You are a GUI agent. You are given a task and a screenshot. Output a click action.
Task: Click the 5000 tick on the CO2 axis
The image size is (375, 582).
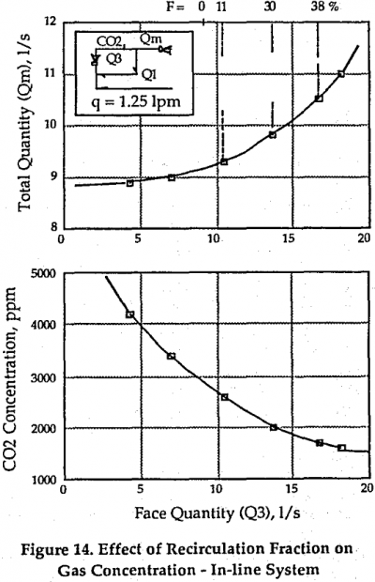click(x=40, y=274)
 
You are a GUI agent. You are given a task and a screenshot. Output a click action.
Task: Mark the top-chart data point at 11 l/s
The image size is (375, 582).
click(x=341, y=74)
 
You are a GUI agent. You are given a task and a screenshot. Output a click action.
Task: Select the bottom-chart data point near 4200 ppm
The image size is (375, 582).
click(x=129, y=314)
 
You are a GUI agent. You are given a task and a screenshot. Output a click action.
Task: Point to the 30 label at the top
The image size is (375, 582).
click(x=270, y=6)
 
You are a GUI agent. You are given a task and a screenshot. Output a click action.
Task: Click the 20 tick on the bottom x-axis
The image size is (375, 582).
click(x=366, y=489)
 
